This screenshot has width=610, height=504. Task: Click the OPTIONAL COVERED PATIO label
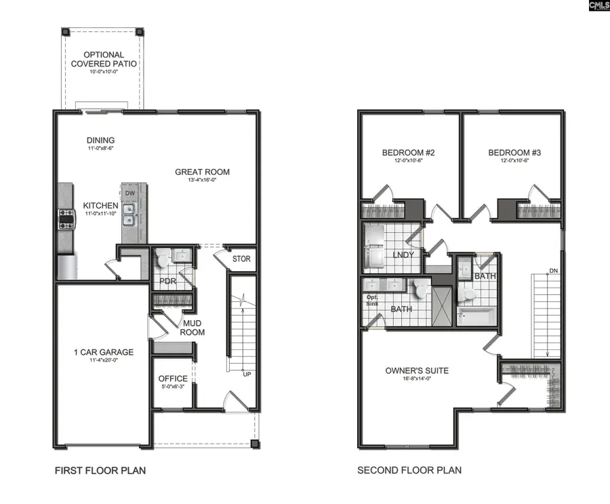(x=104, y=59)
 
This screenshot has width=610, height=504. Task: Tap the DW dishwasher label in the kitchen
(x=130, y=193)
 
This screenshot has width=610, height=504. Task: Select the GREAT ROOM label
(x=202, y=172)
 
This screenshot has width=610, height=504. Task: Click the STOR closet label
(x=241, y=259)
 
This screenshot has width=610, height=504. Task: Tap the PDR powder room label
(x=167, y=281)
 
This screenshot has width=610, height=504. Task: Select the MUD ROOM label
(x=192, y=328)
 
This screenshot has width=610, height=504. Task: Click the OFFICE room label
(x=173, y=379)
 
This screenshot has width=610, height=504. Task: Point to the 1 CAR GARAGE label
(x=104, y=352)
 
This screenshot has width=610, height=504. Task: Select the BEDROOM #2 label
(x=409, y=153)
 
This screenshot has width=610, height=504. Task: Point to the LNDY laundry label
(x=403, y=255)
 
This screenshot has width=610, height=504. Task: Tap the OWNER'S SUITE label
(x=417, y=370)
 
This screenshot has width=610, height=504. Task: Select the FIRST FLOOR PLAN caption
(x=100, y=470)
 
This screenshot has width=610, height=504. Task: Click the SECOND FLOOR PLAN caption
(x=409, y=470)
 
